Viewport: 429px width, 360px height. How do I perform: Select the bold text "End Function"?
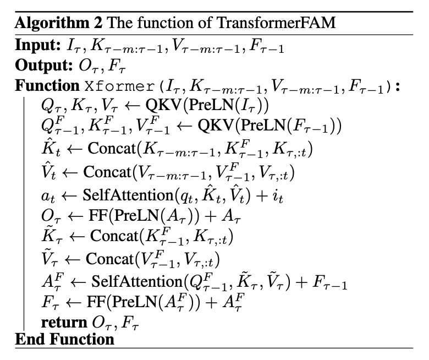[64, 338]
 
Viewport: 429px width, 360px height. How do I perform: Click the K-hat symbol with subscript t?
[49, 149]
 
